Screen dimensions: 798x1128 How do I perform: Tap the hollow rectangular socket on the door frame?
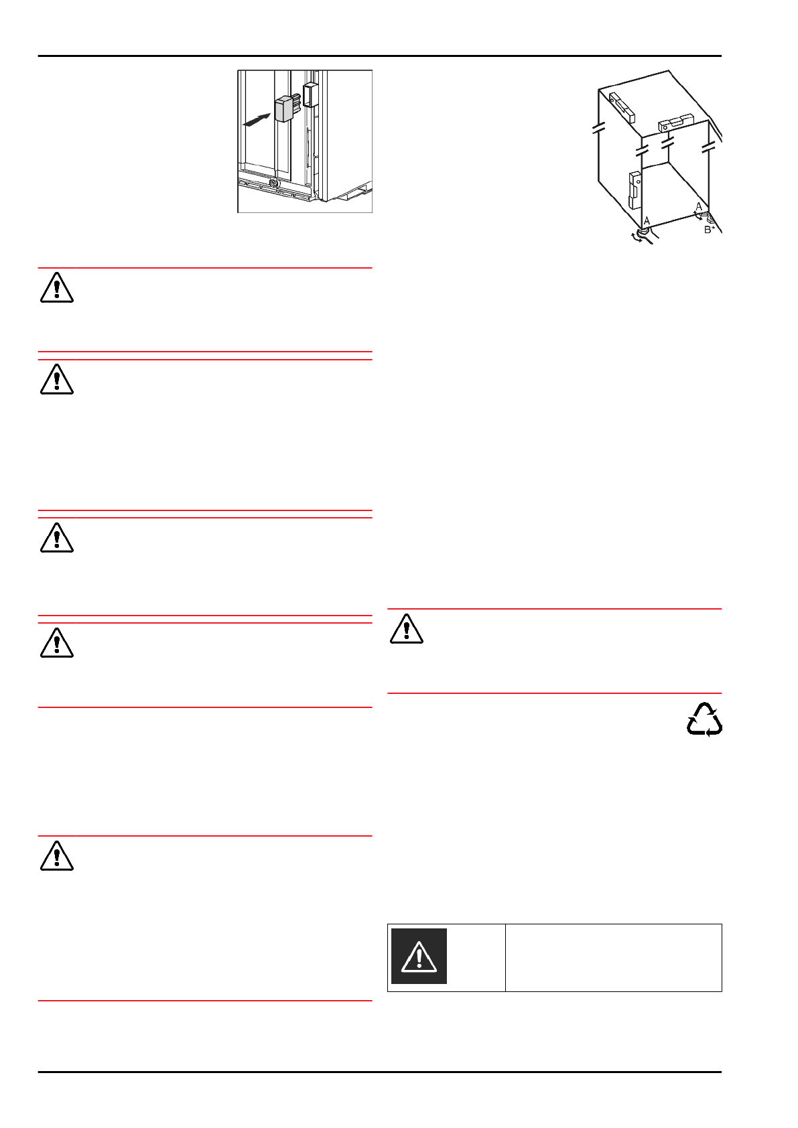(309, 94)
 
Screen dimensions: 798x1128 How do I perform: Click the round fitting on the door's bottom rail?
(273, 183)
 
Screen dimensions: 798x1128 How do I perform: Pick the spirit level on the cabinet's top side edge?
(621, 107)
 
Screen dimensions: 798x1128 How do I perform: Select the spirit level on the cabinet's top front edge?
(675, 123)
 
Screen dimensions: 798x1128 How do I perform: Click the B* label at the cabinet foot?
(709, 230)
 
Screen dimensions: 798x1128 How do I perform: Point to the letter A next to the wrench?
(647, 220)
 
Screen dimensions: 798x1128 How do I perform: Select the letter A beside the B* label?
(699, 206)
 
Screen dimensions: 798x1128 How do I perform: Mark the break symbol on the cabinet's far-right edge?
(710, 145)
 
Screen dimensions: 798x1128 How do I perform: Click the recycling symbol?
(704, 719)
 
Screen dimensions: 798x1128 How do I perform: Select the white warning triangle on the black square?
(419, 956)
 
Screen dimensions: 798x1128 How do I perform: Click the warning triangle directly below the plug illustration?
(57, 287)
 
